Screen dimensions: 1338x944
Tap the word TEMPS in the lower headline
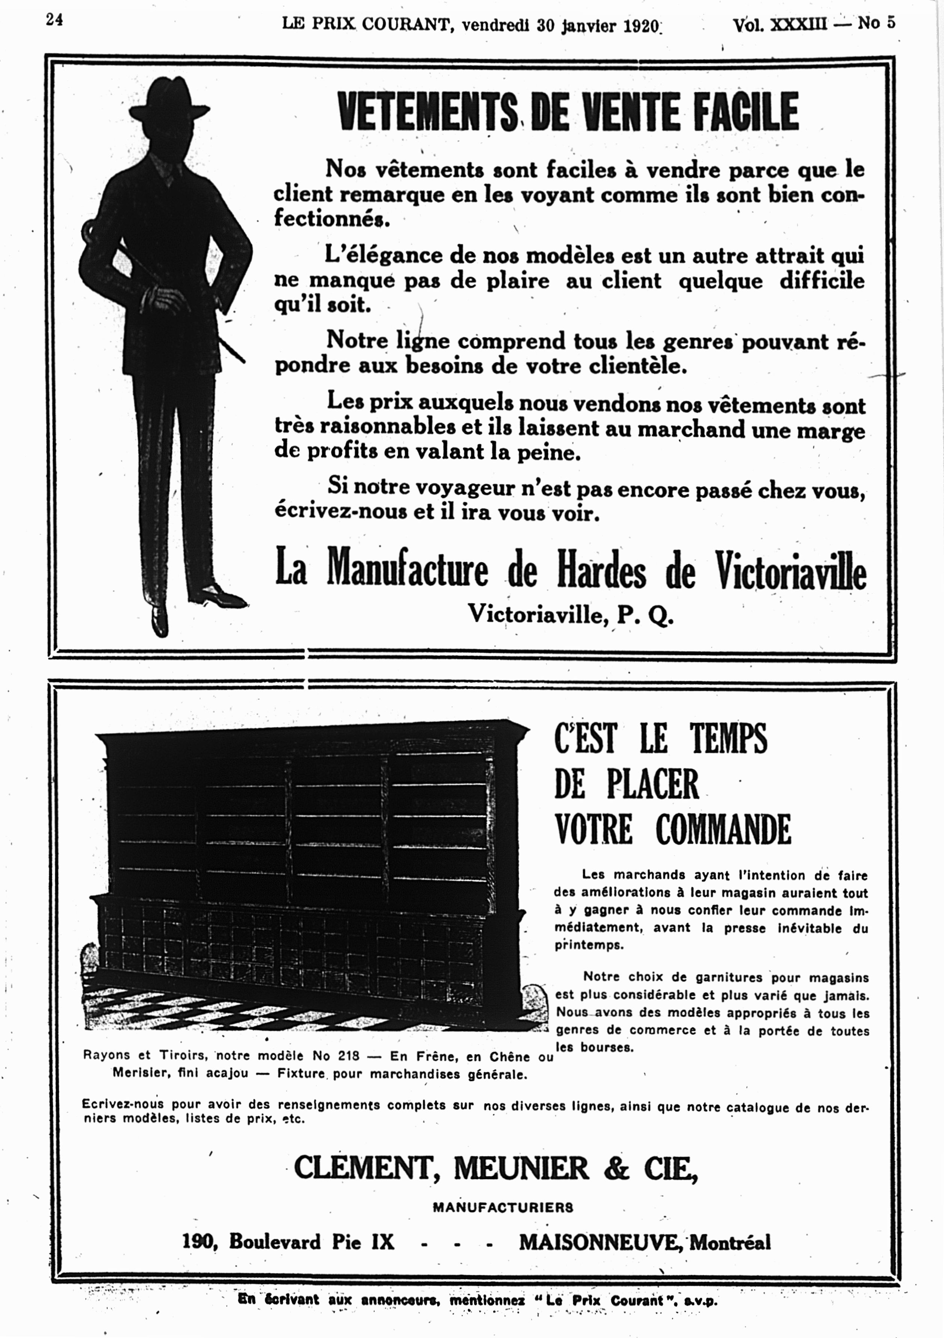coord(728,738)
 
